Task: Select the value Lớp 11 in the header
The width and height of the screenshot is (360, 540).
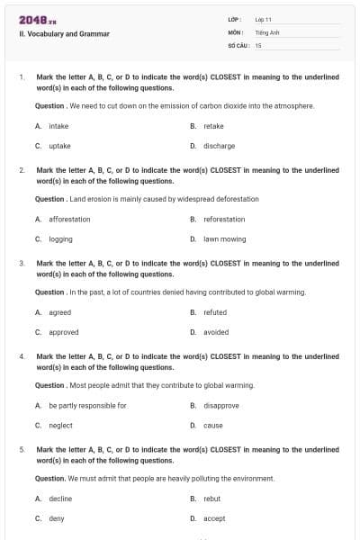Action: [x=264, y=19]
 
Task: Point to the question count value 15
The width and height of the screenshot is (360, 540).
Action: [x=258, y=44]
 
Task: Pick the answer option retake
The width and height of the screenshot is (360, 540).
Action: [x=213, y=127]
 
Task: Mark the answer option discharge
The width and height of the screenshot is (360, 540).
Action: [x=219, y=145]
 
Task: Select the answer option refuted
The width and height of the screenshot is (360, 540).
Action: [x=215, y=312]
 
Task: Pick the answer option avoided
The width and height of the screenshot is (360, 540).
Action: [x=216, y=332]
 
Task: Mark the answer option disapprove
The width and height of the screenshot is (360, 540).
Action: [x=220, y=406]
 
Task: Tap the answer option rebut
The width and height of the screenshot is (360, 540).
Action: [x=212, y=499]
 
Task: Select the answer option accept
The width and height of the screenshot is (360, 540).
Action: [x=214, y=518]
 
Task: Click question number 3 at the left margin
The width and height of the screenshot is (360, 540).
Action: [x=22, y=264]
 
